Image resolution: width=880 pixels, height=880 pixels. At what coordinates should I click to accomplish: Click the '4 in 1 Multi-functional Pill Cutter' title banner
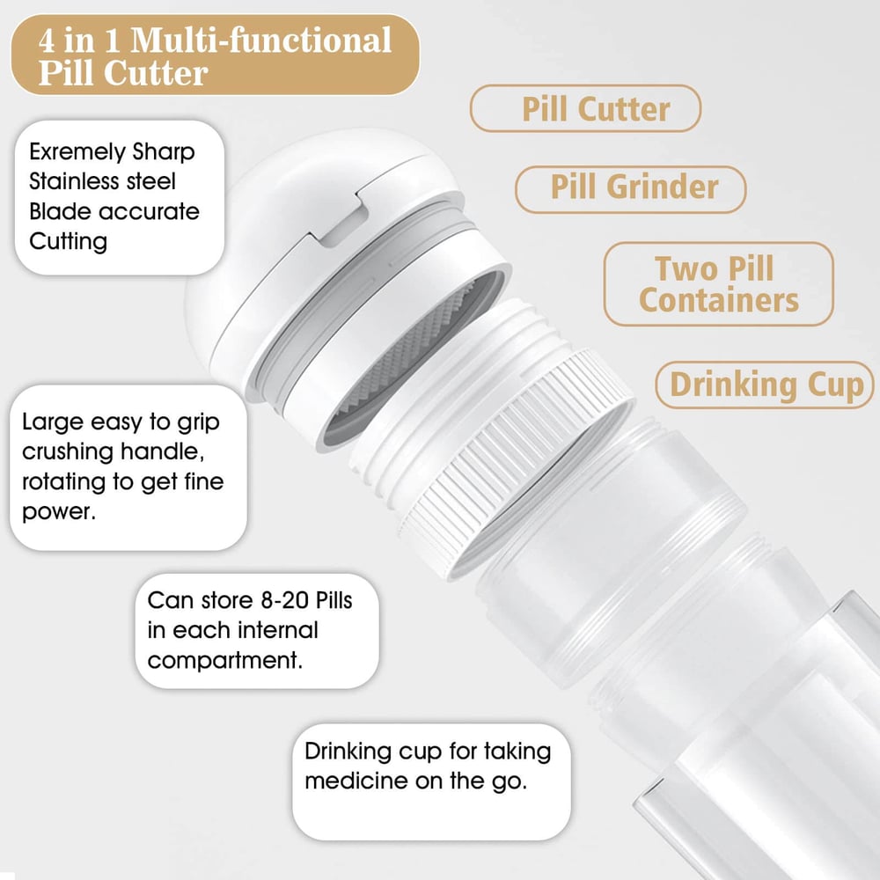[x=215, y=55]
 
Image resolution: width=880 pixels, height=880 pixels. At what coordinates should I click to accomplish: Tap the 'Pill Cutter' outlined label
[x=585, y=108]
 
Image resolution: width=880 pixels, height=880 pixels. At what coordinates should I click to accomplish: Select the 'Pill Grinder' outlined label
[x=630, y=189]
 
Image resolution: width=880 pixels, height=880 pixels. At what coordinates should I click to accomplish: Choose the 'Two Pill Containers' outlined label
[x=718, y=284]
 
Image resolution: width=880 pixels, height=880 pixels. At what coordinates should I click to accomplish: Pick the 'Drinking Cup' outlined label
[x=765, y=385]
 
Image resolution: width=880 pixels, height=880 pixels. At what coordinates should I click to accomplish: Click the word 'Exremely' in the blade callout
[x=77, y=152]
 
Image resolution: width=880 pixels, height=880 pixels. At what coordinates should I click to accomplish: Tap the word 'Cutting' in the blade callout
[x=68, y=242]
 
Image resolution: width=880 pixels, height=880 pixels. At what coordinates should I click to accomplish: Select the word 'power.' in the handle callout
[x=59, y=512]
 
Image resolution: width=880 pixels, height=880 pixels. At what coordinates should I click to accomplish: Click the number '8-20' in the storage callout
[x=285, y=600]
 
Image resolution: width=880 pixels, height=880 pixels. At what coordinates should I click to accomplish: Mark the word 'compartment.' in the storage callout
[x=225, y=661]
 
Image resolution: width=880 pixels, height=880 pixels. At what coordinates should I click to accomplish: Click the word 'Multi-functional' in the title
[x=261, y=40]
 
